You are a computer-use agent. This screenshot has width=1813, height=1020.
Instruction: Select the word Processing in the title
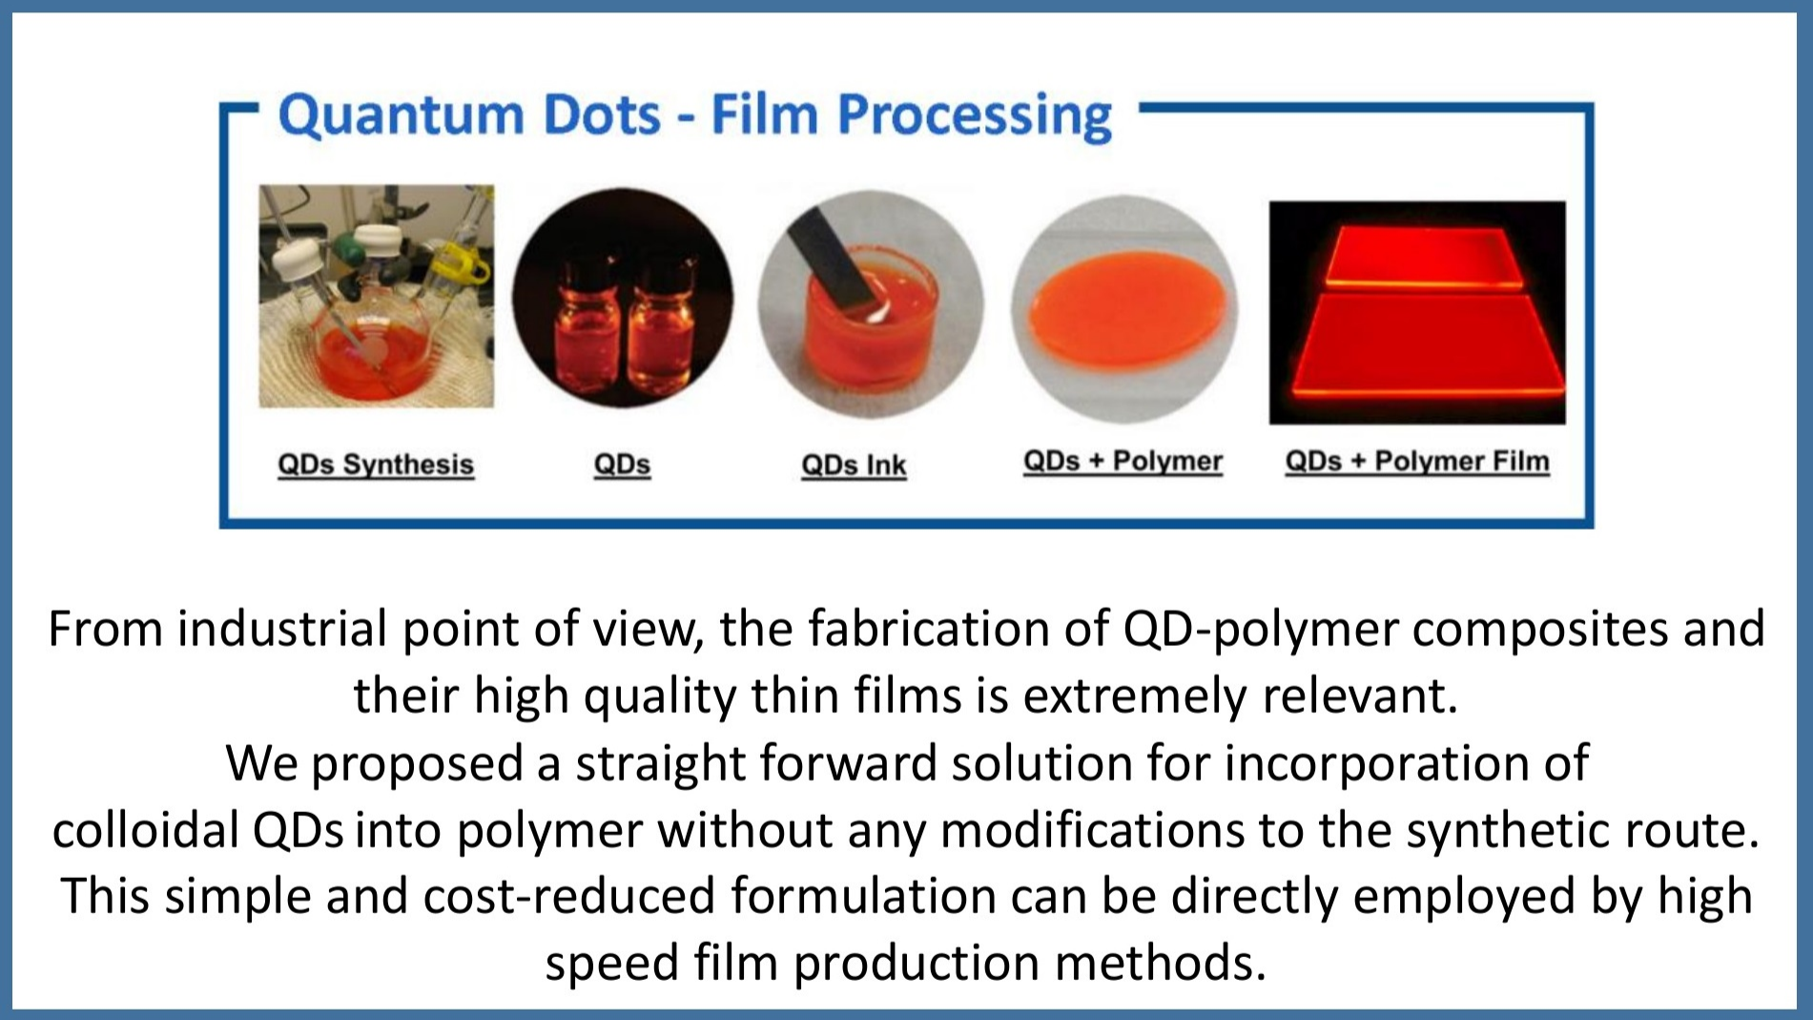click(x=975, y=118)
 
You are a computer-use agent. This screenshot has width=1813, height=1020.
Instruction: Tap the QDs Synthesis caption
click(x=376, y=465)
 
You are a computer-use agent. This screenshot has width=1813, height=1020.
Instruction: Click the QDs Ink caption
click(x=854, y=465)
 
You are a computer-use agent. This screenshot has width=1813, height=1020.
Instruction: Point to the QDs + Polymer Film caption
click(x=1417, y=462)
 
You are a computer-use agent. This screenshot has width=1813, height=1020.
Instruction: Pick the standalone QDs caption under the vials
click(x=622, y=465)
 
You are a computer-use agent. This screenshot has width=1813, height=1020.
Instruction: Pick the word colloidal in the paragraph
click(x=145, y=830)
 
